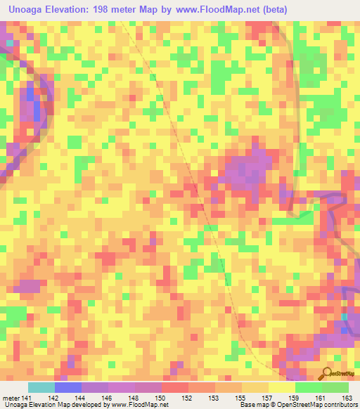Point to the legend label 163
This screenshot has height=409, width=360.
[x=348, y=398]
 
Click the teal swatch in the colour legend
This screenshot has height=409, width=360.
[x=41, y=387]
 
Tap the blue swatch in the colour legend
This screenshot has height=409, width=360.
[x=67, y=387]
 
